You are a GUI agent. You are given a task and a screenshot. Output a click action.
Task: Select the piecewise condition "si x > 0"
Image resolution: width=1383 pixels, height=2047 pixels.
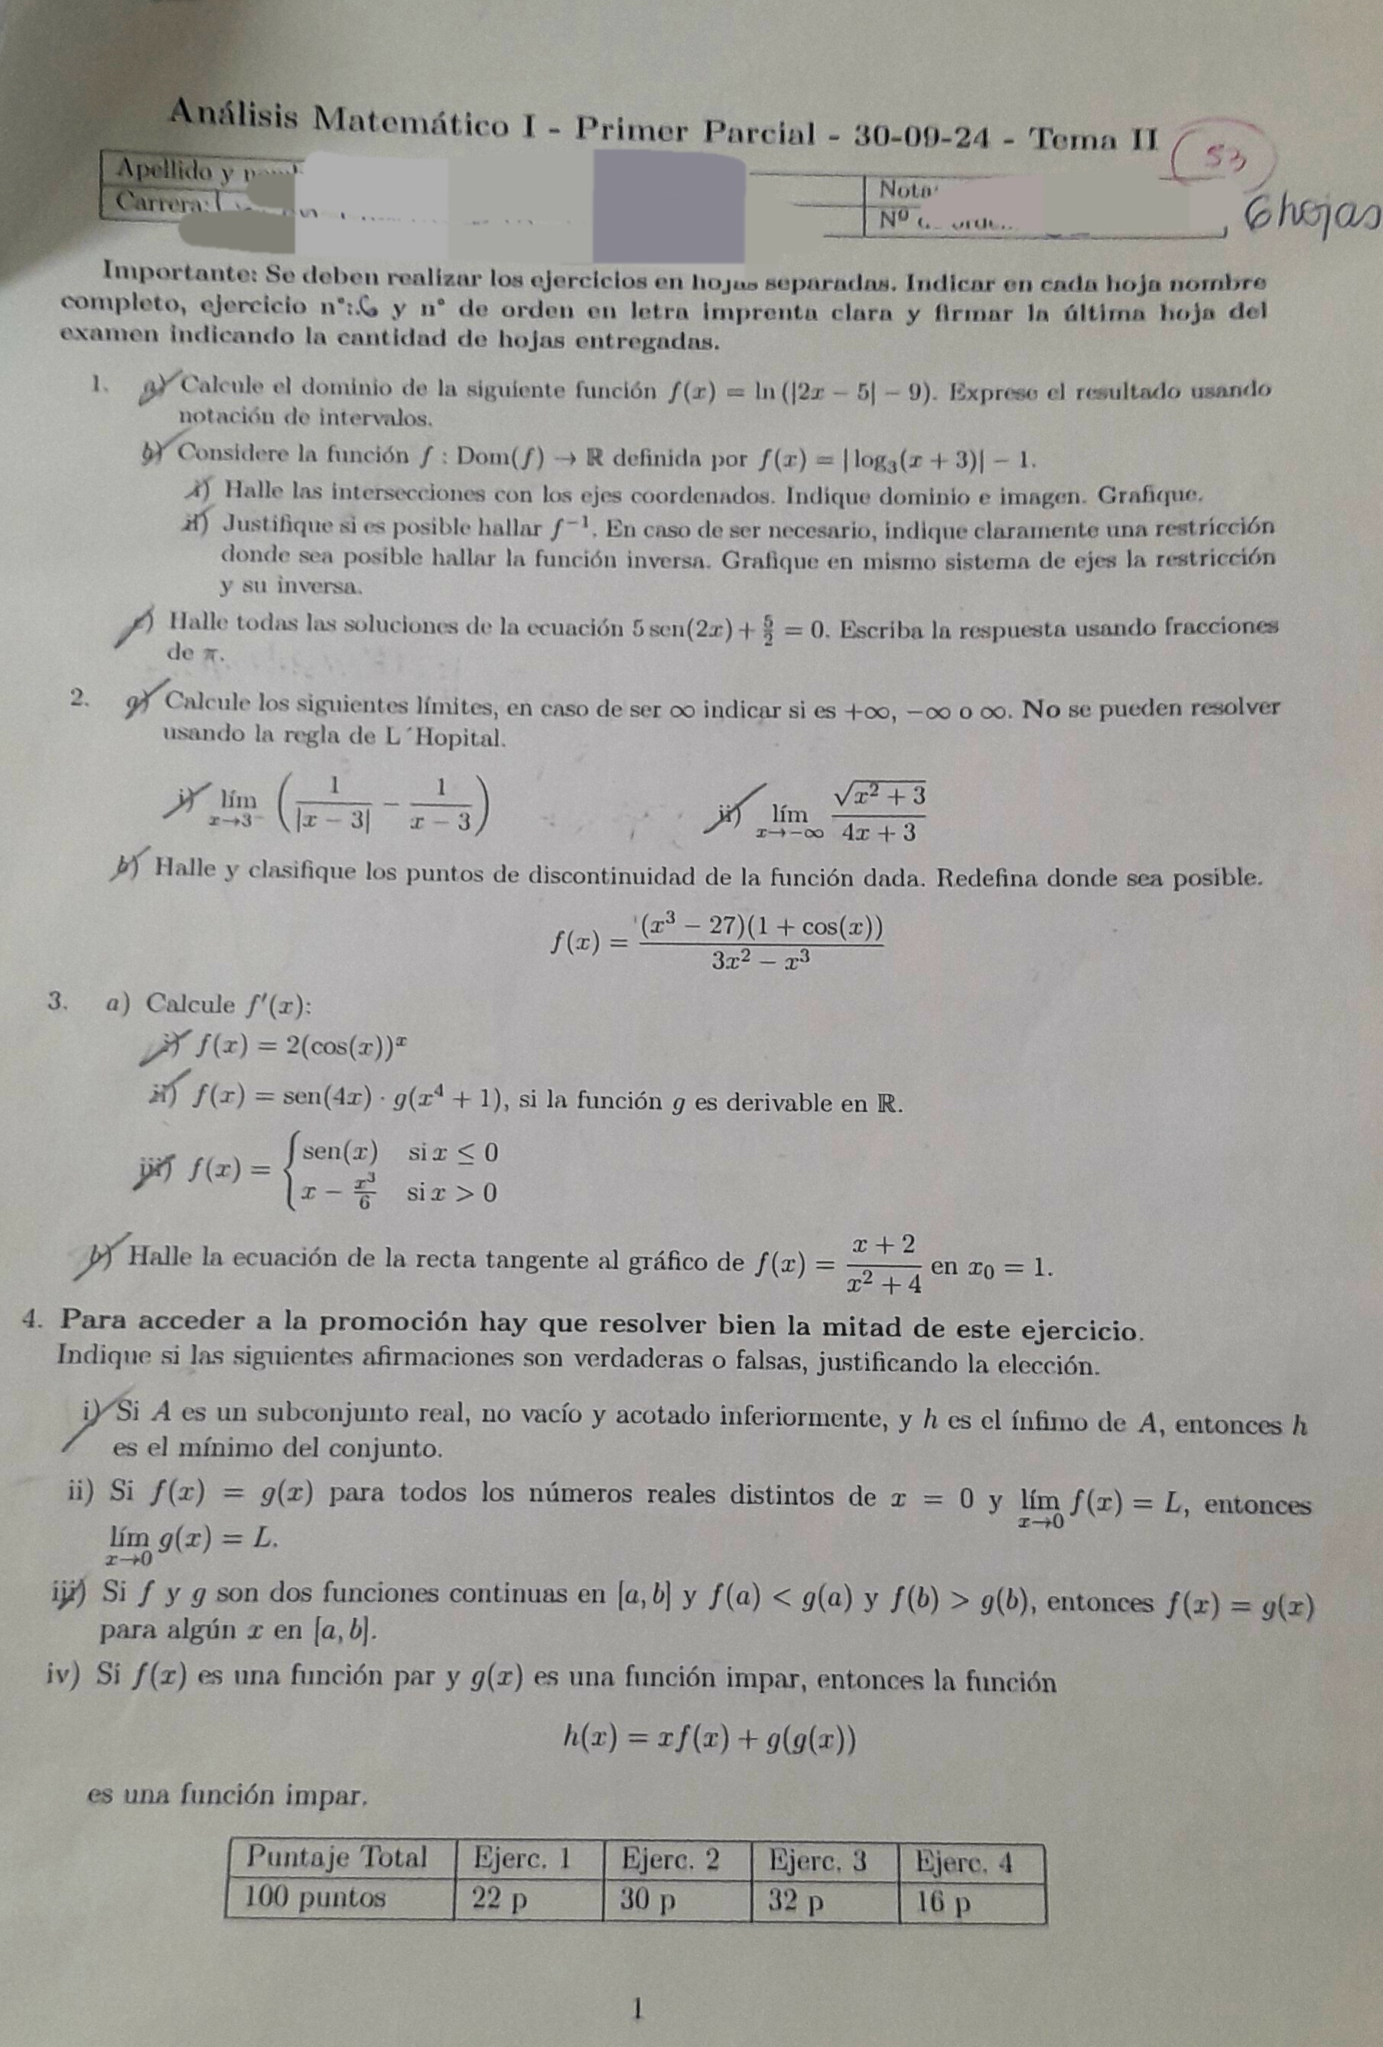pos(452,1193)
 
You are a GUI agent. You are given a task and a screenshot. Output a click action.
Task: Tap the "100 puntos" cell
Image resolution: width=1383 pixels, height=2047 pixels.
pos(315,1896)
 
